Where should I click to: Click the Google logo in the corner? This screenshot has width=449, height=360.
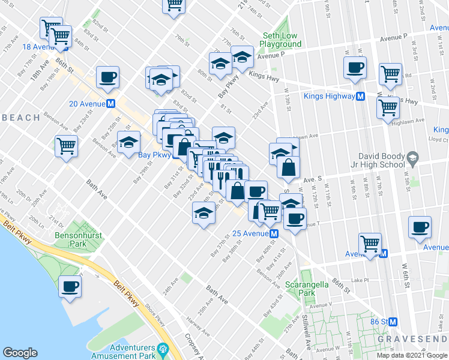20,353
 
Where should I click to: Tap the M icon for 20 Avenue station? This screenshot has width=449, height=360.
111,103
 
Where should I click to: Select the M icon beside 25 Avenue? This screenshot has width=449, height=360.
274,233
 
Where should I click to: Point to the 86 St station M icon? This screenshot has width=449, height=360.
393,322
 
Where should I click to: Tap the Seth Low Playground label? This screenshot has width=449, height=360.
280,40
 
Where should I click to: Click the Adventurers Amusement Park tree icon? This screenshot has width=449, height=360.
161,349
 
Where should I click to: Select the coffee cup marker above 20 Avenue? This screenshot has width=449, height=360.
107,76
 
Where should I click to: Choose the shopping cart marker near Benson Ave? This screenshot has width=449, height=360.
66,145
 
